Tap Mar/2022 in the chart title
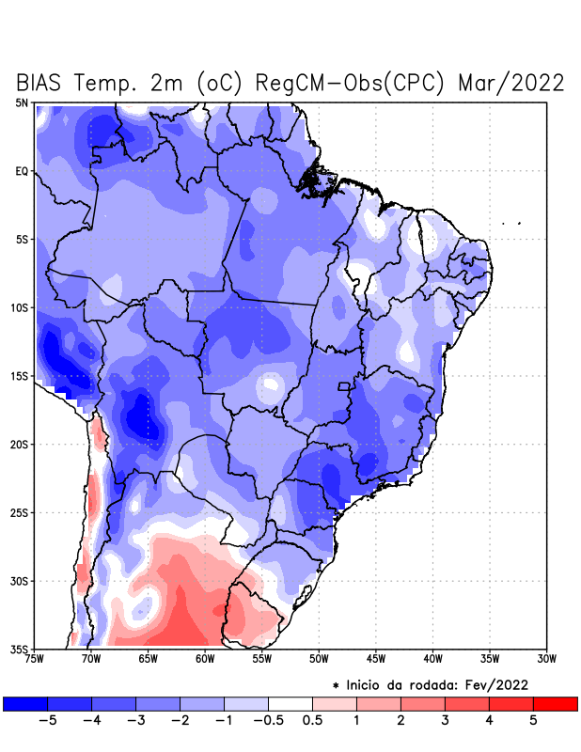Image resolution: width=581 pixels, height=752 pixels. pyautogui.click(x=510, y=83)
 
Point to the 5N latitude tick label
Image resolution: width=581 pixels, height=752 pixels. pyautogui.click(x=22, y=102)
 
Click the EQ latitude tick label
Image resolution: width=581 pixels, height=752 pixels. pyautogui.click(x=22, y=171)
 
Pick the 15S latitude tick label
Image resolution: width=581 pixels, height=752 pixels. pyautogui.click(x=20, y=376)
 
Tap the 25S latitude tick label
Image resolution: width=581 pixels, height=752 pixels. pyautogui.click(x=20, y=512)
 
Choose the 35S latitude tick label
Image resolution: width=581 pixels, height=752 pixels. pyautogui.click(x=20, y=649)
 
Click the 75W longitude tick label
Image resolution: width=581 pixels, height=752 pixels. pyautogui.click(x=35, y=658)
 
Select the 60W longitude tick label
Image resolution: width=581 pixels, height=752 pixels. pyautogui.click(x=205, y=658)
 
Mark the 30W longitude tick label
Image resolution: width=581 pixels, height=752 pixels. pyautogui.click(x=546, y=658)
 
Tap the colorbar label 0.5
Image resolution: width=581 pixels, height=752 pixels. pyautogui.click(x=312, y=721)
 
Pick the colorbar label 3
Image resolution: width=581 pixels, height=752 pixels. pyautogui.click(x=445, y=721)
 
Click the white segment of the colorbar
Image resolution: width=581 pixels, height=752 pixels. pyautogui.click(x=290, y=703)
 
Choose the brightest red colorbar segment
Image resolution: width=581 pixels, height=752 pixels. pyautogui.click(x=555, y=703)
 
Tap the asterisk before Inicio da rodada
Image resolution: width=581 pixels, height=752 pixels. pyautogui.click(x=336, y=684)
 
